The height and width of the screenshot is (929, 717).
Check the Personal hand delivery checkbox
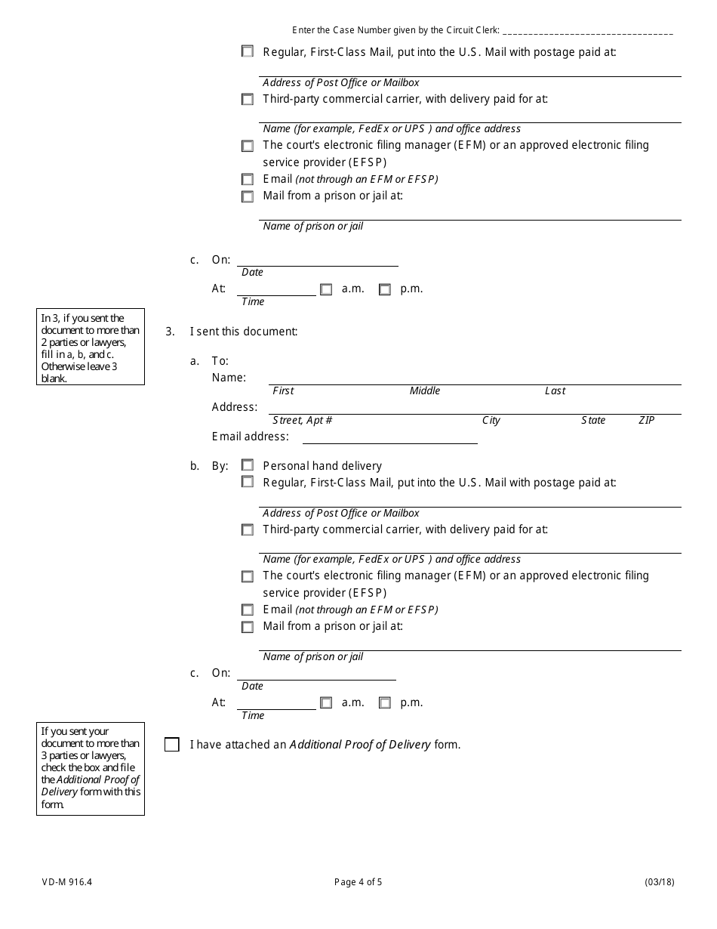point(248,465)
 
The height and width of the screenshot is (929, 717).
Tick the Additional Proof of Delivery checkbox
point(172,745)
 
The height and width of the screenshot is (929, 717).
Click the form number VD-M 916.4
point(67,881)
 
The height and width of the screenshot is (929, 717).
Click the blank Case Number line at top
point(587,32)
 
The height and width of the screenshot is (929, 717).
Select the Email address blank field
point(389,437)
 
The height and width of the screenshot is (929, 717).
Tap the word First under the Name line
point(283,390)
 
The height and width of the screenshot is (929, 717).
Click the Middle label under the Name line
point(425,390)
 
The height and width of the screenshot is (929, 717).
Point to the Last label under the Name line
point(555,390)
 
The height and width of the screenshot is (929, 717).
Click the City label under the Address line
point(491,420)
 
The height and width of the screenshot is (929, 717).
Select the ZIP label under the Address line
point(646,420)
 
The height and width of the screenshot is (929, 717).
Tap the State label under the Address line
point(593,420)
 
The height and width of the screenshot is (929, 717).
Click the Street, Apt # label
point(303,420)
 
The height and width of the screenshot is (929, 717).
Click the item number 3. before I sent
point(170,331)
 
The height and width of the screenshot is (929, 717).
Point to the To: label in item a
point(220,361)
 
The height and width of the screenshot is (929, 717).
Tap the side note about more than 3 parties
point(91,768)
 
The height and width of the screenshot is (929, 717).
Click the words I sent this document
point(244,331)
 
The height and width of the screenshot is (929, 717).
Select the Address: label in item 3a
point(235,407)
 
